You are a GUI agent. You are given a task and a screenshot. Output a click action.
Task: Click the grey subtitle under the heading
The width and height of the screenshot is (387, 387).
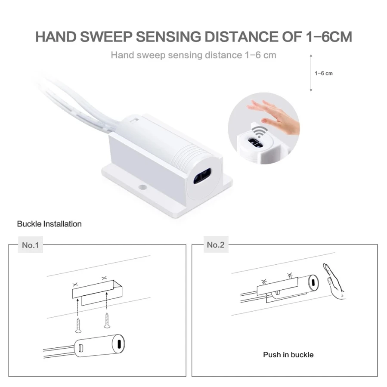tap(193, 55)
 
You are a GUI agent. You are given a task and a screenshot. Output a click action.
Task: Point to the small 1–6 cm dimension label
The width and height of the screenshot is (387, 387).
tap(323, 73)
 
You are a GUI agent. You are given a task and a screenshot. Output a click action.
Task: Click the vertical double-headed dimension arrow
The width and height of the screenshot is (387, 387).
tap(310, 73)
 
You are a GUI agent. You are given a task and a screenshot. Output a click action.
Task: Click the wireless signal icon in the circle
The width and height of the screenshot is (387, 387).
tap(258, 131)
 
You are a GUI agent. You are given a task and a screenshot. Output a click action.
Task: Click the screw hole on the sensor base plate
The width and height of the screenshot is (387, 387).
tap(142, 188)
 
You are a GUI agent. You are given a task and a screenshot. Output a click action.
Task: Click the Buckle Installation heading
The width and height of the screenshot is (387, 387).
tap(49, 224)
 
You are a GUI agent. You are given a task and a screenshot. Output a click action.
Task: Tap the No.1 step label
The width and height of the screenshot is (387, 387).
tap(31, 245)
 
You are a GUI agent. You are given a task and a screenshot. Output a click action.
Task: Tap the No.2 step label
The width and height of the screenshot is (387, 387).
tap(216, 245)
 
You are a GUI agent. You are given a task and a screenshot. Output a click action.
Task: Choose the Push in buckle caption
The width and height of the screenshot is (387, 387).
tap(288, 355)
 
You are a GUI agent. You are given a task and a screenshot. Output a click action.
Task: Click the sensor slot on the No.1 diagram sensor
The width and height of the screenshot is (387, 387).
tap(118, 344)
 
